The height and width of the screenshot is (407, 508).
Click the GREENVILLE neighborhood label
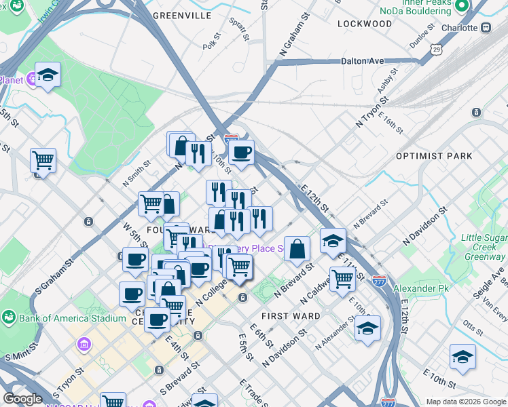point(183,15)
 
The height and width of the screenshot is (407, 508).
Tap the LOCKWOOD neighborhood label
point(363,24)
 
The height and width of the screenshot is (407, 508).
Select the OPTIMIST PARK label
point(434,156)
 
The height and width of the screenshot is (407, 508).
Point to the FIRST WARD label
point(291,316)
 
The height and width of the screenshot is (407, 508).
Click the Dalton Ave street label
point(362,61)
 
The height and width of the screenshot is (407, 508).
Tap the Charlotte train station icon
point(486,28)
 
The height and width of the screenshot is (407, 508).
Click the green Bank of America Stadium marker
point(10,317)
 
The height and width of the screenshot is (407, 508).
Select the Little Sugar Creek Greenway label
point(483,248)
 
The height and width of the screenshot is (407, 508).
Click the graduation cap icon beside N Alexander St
point(367,328)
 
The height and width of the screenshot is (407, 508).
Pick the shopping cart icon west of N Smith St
point(43,161)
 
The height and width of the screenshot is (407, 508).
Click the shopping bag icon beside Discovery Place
point(297,248)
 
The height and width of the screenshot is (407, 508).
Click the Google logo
point(22,399)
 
